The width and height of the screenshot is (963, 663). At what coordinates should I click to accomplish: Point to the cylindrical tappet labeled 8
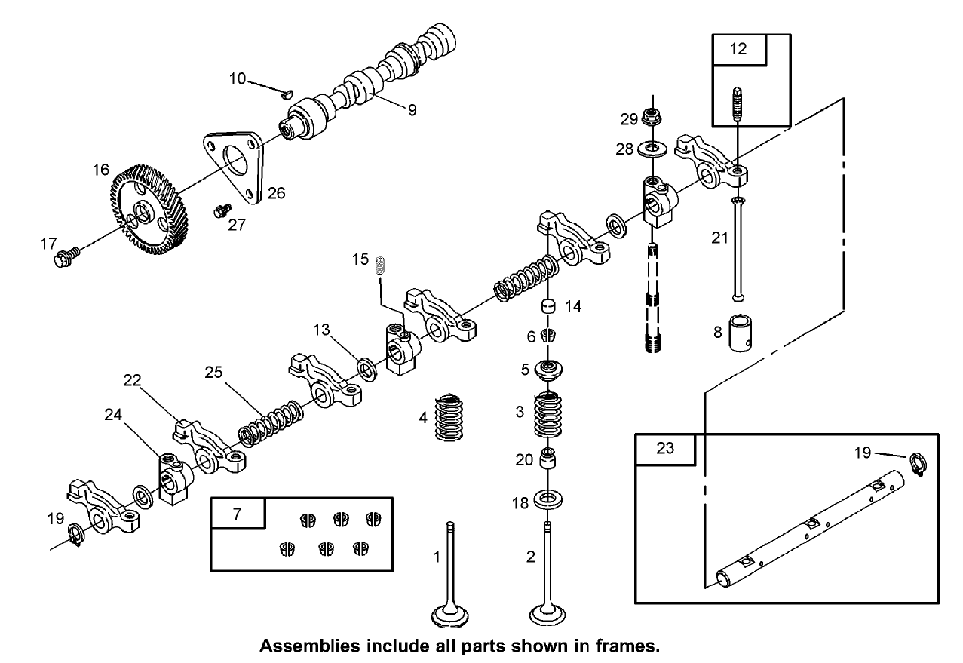click(741, 333)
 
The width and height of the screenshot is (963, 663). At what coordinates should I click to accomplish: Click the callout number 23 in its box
click(664, 447)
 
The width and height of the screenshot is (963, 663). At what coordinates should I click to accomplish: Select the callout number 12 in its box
click(738, 49)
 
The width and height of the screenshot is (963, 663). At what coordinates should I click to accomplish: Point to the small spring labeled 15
click(381, 264)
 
